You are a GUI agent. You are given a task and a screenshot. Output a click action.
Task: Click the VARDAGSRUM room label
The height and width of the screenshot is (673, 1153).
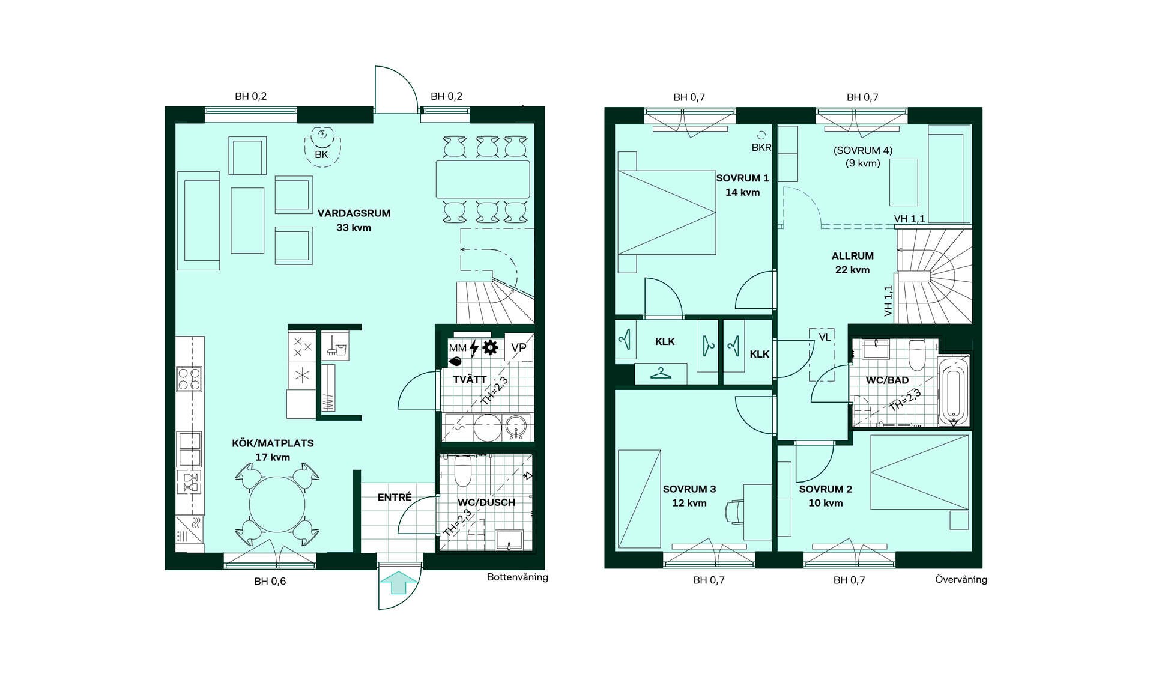(354, 213)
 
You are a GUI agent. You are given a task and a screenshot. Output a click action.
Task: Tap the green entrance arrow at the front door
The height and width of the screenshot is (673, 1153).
(398, 583)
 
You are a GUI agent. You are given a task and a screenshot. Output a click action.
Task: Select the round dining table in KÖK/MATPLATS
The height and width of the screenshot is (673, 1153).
(277, 504)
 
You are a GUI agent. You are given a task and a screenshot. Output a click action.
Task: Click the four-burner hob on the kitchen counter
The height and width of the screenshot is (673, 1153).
(189, 379)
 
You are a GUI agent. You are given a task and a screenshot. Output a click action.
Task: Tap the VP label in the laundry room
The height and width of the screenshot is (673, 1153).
(519, 347)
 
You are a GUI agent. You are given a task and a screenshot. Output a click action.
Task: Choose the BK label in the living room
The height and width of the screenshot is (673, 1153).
(322, 154)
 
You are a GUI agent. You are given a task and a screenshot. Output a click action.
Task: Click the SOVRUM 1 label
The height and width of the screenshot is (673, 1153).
(742, 178)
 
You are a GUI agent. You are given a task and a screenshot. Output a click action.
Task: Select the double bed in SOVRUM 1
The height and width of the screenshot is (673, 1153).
(667, 213)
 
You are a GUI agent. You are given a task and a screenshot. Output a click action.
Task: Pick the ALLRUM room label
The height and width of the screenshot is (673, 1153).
(853, 256)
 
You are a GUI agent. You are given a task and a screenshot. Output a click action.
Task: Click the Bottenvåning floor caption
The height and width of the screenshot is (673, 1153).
(518, 577)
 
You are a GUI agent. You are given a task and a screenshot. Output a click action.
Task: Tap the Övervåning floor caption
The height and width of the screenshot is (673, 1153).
(961, 580)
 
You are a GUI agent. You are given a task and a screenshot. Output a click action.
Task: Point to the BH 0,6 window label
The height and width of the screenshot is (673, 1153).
(270, 582)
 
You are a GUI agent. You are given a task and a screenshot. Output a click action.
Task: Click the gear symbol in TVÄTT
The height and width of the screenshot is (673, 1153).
(491, 347)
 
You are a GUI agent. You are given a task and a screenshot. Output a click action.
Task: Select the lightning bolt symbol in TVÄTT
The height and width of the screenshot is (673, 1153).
(474, 348)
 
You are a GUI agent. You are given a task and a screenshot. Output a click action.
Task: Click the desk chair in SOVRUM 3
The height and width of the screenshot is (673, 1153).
(734, 511)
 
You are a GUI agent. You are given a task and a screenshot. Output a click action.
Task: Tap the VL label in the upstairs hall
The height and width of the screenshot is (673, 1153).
(825, 338)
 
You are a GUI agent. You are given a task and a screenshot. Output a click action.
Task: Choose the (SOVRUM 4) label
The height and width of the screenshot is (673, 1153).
(863, 151)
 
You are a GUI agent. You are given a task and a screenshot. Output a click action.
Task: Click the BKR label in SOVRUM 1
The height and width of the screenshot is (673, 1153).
(761, 148)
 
